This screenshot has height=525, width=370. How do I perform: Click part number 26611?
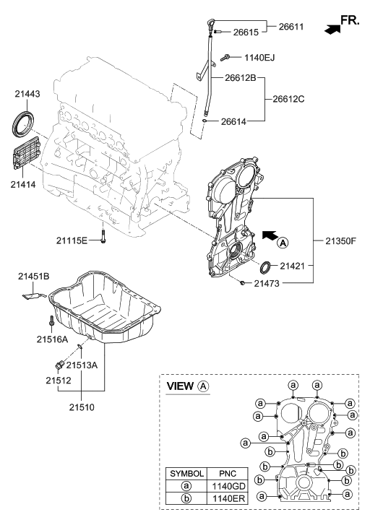point(291,27)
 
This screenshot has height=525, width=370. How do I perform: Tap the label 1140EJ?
point(259,58)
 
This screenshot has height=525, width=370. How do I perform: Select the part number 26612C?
point(288,99)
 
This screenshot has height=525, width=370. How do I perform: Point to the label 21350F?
point(340,240)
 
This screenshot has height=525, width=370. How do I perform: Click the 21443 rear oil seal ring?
point(23,122)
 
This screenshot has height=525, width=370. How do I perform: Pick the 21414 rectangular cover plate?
point(27,155)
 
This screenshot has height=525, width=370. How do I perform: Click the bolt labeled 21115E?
point(103,236)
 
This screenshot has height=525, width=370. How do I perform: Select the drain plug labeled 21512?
point(60,365)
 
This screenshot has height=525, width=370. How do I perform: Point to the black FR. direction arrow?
point(332,30)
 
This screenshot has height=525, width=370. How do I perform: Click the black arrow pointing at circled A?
point(270,235)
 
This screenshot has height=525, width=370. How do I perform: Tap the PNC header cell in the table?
point(228,474)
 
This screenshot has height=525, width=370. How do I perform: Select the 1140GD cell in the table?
point(228,486)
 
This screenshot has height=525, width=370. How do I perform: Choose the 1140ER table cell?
point(228,498)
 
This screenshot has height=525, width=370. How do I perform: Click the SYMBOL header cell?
point(186,474)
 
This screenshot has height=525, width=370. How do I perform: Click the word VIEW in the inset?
point(181,386)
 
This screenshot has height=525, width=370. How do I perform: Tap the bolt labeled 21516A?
point(51,321)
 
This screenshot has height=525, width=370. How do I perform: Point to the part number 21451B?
point(33,277)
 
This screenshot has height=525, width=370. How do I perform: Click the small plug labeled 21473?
point(242,283)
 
